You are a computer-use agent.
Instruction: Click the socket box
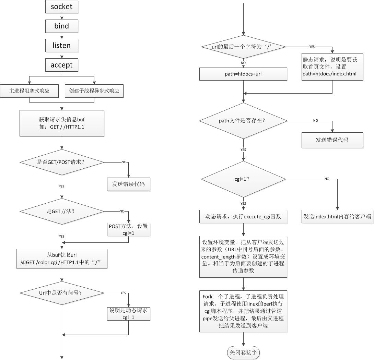62,7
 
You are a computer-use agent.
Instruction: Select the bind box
62,26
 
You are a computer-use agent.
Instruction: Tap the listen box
62,46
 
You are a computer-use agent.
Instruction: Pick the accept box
62,65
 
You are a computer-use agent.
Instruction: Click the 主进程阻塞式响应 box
30,91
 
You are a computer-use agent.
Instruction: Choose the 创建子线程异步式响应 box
94,91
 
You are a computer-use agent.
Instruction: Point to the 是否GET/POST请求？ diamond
62,162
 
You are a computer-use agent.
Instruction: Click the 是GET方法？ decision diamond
62,211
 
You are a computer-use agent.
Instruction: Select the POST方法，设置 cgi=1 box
129,229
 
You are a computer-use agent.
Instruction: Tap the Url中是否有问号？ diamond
62,293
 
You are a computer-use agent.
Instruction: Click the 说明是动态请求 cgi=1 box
129,313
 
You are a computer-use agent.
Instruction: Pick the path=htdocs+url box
243,74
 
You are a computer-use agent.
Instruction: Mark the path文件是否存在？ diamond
243,121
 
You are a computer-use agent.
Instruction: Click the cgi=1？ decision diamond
243,179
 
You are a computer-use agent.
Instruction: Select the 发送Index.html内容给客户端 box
338,217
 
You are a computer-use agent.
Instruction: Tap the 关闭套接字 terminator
244,352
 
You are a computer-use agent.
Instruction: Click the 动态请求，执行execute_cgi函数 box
243,217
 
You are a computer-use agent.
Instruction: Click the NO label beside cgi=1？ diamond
327,179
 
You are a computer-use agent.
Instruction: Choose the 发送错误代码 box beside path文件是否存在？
332,140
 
